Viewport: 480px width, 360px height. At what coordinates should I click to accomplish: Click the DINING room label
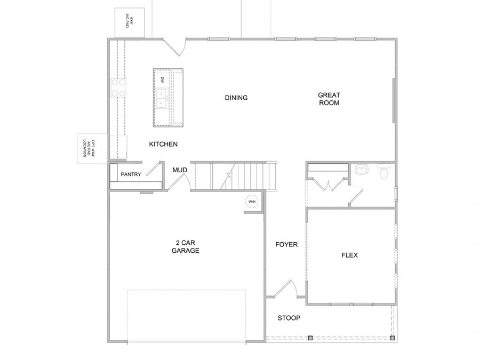(x=236, y=98)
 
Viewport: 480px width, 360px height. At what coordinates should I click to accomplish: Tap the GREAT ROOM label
(x=329, y=99)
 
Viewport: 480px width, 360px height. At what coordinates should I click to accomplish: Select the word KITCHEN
(x=163, y=145)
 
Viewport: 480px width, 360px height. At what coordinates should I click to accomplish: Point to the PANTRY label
(x=131, y=174)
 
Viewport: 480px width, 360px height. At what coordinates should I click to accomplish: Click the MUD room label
(x=179, y=171)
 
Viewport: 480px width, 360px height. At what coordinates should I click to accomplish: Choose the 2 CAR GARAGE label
(x=185, y=246)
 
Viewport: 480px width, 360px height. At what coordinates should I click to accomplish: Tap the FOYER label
(x=286, y=245)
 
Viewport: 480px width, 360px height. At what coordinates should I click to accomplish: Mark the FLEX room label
(x=349, y=255)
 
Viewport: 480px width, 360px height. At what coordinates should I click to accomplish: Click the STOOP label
(x=289, y=318)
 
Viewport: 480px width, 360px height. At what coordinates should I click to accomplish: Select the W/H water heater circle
(x=251, y=202)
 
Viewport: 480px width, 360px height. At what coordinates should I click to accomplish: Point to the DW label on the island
(x=162, y=79)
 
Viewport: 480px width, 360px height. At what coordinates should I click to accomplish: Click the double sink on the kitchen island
(x=162, y=96)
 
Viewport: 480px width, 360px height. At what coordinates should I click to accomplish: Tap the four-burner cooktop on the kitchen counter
(x=118, y=88)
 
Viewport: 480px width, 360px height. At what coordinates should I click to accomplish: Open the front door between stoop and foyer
(x=285, y=289)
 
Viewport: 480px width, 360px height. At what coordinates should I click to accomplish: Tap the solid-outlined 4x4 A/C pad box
(x=131, y=23)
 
